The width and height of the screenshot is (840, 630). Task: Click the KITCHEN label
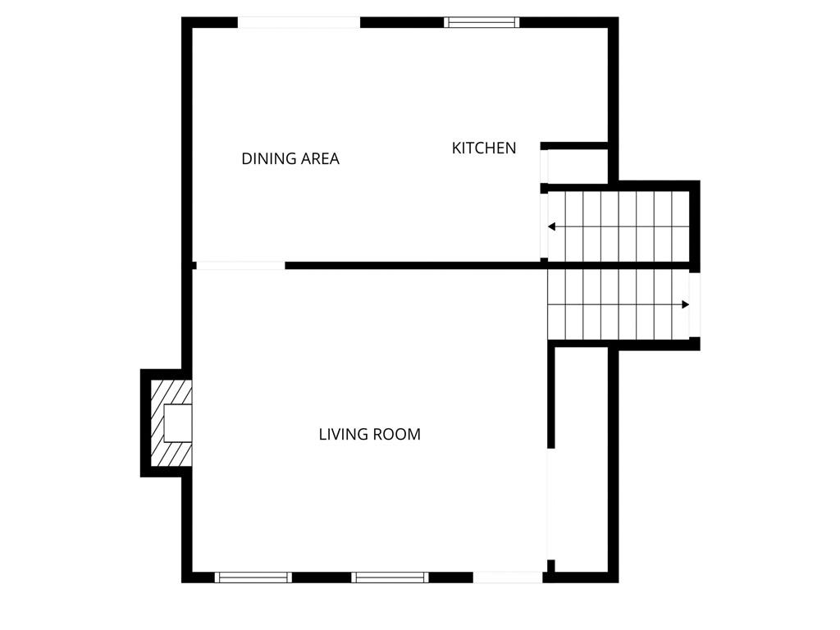(484, 148)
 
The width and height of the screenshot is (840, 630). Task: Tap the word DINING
(268, 158)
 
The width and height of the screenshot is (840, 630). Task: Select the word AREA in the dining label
(319, 158)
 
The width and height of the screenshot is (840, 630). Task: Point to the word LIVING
(342, 434)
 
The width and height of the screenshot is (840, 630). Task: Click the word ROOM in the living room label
(396, 434)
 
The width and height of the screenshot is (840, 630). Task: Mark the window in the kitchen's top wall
(482, 22)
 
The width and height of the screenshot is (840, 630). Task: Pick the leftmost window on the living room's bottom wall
(253, 577)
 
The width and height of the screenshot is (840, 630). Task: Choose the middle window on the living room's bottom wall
(390, 577)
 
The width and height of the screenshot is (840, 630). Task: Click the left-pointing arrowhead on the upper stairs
(551, 227)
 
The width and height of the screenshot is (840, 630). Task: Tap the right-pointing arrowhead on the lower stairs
(685, 305)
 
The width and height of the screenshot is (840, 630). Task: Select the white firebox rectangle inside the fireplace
(178, 423)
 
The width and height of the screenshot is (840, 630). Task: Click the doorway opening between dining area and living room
(240, 265)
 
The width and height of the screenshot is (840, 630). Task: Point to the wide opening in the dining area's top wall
(299, 22)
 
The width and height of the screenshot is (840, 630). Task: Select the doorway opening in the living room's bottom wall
(508, 577)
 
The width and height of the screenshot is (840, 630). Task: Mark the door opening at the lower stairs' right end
(694, 305)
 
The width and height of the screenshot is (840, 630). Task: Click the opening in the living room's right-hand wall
(550, 504)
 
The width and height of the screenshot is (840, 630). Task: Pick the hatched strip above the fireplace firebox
(171, 393)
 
